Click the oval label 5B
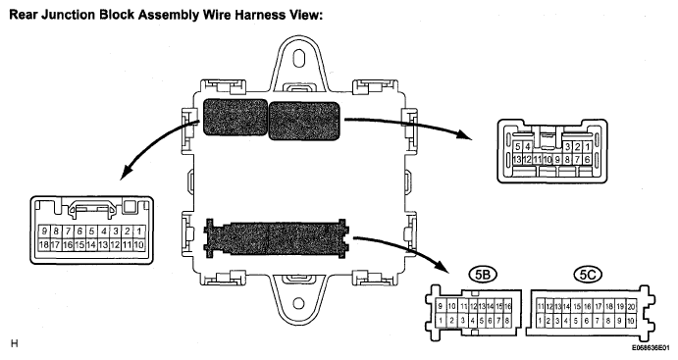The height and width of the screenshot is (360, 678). coord(482,275)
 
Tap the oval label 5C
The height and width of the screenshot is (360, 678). coord(588,275)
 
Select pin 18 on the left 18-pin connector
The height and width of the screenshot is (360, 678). coord(44,245)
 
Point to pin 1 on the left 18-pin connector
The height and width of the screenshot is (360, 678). coord(138,231)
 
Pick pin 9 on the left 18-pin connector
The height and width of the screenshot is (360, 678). coord(44,231)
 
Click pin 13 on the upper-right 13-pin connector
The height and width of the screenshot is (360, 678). coord(517,160)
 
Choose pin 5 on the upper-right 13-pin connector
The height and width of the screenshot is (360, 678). coord(518,147)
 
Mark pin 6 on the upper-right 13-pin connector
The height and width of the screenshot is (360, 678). coord(587,160)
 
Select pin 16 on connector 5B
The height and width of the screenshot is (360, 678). coord(507,306)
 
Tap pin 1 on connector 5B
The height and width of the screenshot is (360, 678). coord(441,321)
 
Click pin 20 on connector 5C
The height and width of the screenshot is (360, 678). coord(631,306)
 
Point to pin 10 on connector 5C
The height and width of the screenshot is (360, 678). coord(631,321)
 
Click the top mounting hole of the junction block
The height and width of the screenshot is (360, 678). coord(298,58)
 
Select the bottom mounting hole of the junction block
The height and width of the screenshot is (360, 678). coord(298,303)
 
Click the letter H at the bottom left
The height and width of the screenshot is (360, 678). coord(15,344)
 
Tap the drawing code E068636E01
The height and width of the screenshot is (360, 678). coord(652,347)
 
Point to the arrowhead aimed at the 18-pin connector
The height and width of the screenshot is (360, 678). coord(127,174)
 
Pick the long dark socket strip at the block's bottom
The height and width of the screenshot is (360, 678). coord(277,239)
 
